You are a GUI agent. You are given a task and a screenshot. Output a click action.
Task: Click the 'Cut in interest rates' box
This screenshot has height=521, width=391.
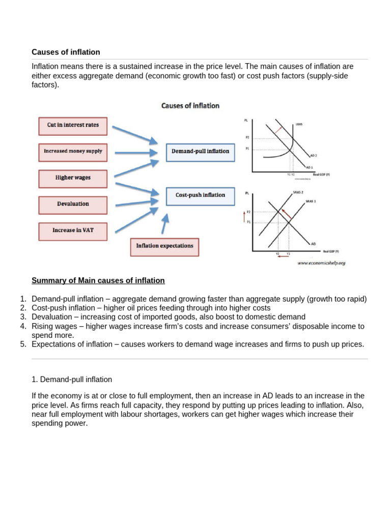(x=73, y=125)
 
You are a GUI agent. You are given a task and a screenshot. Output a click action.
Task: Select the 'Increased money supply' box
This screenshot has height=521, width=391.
(x=73, y=151)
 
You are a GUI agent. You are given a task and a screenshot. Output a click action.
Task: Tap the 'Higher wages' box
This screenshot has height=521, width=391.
(x=73, y=178)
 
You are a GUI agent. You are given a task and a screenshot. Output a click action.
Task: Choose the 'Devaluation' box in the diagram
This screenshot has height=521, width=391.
(x=73, y=204)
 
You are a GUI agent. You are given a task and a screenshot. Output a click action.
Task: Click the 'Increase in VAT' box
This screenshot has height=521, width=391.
(x=73, y=230)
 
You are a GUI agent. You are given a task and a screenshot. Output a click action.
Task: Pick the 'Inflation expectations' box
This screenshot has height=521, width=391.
(x=164, y=246)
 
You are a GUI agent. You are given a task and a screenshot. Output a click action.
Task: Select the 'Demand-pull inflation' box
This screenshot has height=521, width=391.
(x=200, y=152)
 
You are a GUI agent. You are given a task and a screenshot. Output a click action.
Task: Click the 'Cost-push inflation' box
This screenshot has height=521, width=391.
(x=200, y=195)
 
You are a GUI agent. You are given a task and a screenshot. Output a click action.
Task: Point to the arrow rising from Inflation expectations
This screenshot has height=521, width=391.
(x=165, y=224)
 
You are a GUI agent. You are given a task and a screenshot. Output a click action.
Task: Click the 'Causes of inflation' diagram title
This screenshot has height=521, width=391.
(x=190, y=106)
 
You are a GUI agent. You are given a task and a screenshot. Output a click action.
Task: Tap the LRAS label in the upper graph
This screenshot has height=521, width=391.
(x=299, y=124)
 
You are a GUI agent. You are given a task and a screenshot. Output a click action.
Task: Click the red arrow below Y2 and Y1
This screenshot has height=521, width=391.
(x=283, y=258)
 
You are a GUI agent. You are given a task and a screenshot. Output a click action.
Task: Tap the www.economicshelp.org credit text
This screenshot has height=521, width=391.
(x=321, y=263)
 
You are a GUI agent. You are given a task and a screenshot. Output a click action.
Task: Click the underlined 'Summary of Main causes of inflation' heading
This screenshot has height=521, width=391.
(x=98, y=280)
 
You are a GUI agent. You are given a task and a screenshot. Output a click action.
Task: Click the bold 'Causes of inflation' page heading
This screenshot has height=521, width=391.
(x=66, y=52)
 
